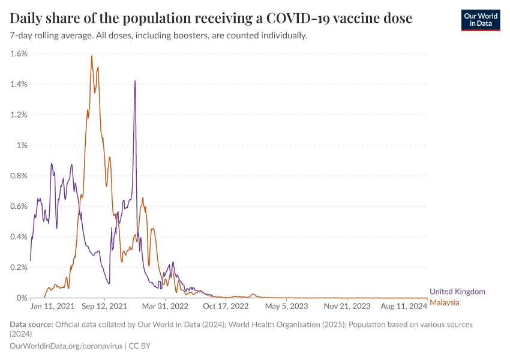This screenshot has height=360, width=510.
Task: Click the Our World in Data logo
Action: pos(480,19)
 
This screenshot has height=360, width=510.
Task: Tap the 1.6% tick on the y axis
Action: pos(19,53)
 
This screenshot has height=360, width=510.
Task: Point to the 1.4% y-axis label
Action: pos(19,84)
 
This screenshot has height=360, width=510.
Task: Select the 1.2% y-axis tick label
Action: pos(19,115)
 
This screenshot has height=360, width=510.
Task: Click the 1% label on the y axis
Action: pos(22,145)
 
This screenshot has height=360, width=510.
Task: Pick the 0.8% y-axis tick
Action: pos(19,176)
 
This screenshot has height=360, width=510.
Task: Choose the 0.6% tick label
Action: pos(19,206)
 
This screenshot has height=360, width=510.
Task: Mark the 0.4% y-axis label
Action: pos(19,237)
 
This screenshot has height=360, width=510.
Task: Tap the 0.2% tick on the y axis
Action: pos(19,268)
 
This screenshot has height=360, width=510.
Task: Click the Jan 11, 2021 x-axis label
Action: pos(53,306)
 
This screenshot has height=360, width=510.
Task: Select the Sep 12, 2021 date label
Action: pos(105,306)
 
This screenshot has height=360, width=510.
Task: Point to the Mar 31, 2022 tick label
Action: pos(165,306)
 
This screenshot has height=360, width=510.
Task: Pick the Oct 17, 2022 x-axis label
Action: pos(226,306)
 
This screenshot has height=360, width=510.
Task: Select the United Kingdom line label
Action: pos(457,292)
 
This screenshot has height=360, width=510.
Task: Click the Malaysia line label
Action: pos(445,302)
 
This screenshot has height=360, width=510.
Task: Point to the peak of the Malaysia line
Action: pos(91,56)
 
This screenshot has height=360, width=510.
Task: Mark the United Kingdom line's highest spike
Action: pos(135,81)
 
